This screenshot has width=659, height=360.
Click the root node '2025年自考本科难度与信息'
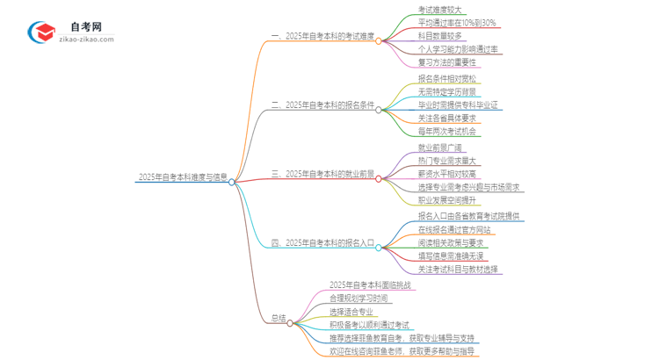point(183,176)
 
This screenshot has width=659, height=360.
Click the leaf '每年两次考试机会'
point(448,132)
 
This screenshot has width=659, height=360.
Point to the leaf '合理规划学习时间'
point(360,297)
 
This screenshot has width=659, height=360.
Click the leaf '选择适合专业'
point(351,311)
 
